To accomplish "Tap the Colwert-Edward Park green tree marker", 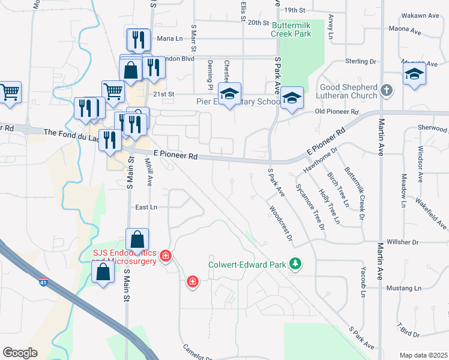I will pos(295,263).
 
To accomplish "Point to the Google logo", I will pos(20,353).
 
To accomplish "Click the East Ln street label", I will pos(146,207).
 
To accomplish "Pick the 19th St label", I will pos(295,10).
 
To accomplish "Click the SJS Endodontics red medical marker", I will pos(166,257).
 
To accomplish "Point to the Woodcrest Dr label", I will pos(280,224).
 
